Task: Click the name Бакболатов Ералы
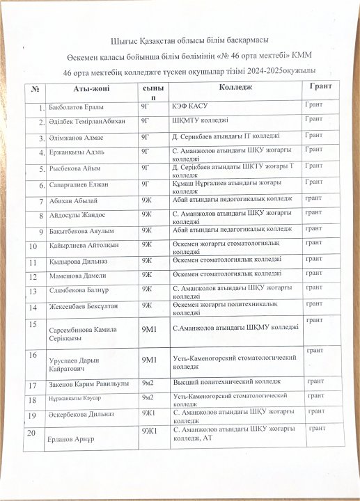[x=77, y=108]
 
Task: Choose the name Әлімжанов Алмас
[x=77, y=137]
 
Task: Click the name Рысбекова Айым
[x=75, y=168]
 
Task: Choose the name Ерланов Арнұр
[x=72, y=440]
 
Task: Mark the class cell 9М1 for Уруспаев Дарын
[x=150, y=360]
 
